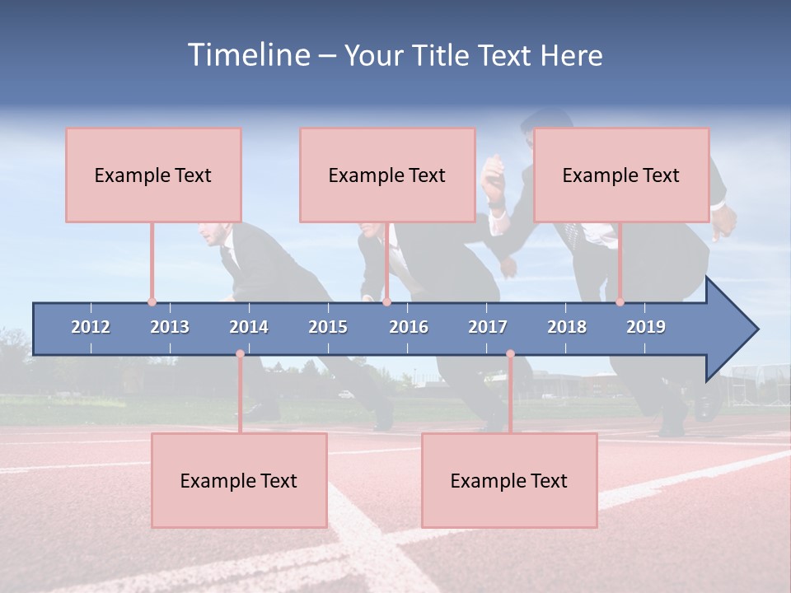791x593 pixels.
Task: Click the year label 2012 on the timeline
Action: pos(91,327)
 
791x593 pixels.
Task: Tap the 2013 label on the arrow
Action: pos(170,327)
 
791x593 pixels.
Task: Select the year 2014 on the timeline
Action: pos(249,327)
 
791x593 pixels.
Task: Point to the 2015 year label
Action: pos(328,327)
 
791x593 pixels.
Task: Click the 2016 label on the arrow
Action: pos(409,327)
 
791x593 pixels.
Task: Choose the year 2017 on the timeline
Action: pos(488,327)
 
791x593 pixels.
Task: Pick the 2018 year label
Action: pos(567,327)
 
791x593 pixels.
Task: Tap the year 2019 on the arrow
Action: pos(646,327)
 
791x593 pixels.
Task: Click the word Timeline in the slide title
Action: pos(248,55)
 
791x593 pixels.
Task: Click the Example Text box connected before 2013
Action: pos(153,175)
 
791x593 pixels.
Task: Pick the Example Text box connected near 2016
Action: pos(387,175)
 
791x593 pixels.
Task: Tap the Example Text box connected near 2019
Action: pos(621,175)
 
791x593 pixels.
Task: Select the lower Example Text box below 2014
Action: pos(239,480)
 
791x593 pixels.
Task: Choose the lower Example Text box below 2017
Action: pos(509,480)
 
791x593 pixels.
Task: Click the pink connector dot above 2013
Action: pos(152,302)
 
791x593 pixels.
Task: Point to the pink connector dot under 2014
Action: pos(240,353)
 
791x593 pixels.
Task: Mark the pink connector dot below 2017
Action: pos(510,353)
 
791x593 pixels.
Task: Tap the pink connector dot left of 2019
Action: pos(620,302)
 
